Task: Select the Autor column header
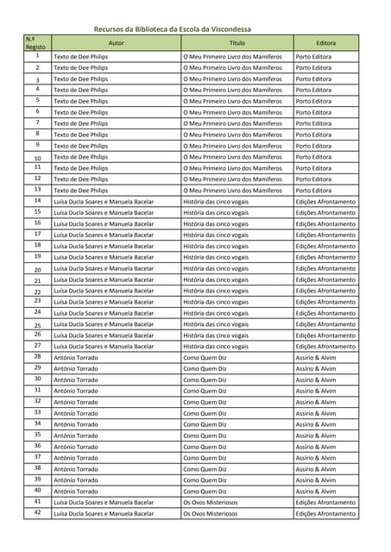pyautogui.click(x=117, y=41)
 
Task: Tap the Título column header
pyautogui.click(x=236, y=41)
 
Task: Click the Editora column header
pyautogui.click(x=325, y=41)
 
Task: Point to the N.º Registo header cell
pyautogui.click(x=36, y=42)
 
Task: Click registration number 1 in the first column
pyautogui.click(x=37, y=56)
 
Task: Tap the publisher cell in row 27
pyautogui.click(x=325, y=346)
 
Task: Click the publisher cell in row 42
pyautogui.click(x=325, y=513)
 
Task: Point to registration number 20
pyautogui.click(x=37, y=268)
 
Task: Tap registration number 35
pyautogui.click(x=37, y=435)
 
